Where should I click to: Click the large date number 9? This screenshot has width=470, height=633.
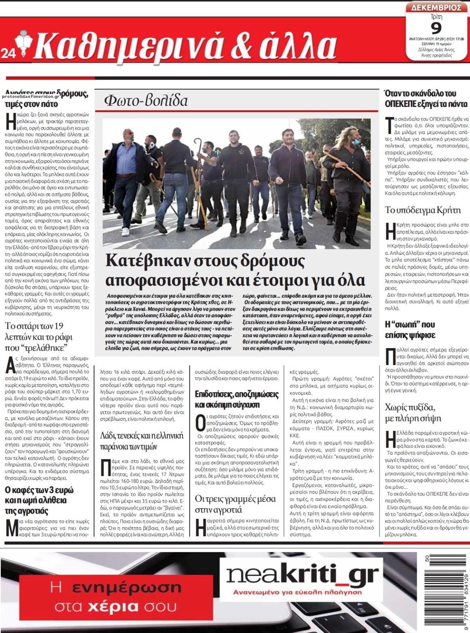coord(436,29)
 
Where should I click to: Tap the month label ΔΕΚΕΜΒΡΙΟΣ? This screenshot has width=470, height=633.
coord(436,7)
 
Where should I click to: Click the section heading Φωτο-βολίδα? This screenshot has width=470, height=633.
coord(146,101)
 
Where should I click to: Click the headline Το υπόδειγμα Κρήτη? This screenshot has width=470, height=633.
coord(423,210)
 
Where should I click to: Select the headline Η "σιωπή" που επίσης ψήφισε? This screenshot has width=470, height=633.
coord(410,329)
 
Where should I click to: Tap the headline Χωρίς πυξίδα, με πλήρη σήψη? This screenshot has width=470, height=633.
coord(413,412)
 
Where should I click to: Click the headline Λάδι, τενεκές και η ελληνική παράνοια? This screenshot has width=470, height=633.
coord(141,441)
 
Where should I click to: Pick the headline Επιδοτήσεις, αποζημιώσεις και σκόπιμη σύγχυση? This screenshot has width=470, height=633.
coord(237,399)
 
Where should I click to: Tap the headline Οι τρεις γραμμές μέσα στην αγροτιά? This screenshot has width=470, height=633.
coord(235,504)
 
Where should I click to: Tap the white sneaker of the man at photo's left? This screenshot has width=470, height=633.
coord(125,232)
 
